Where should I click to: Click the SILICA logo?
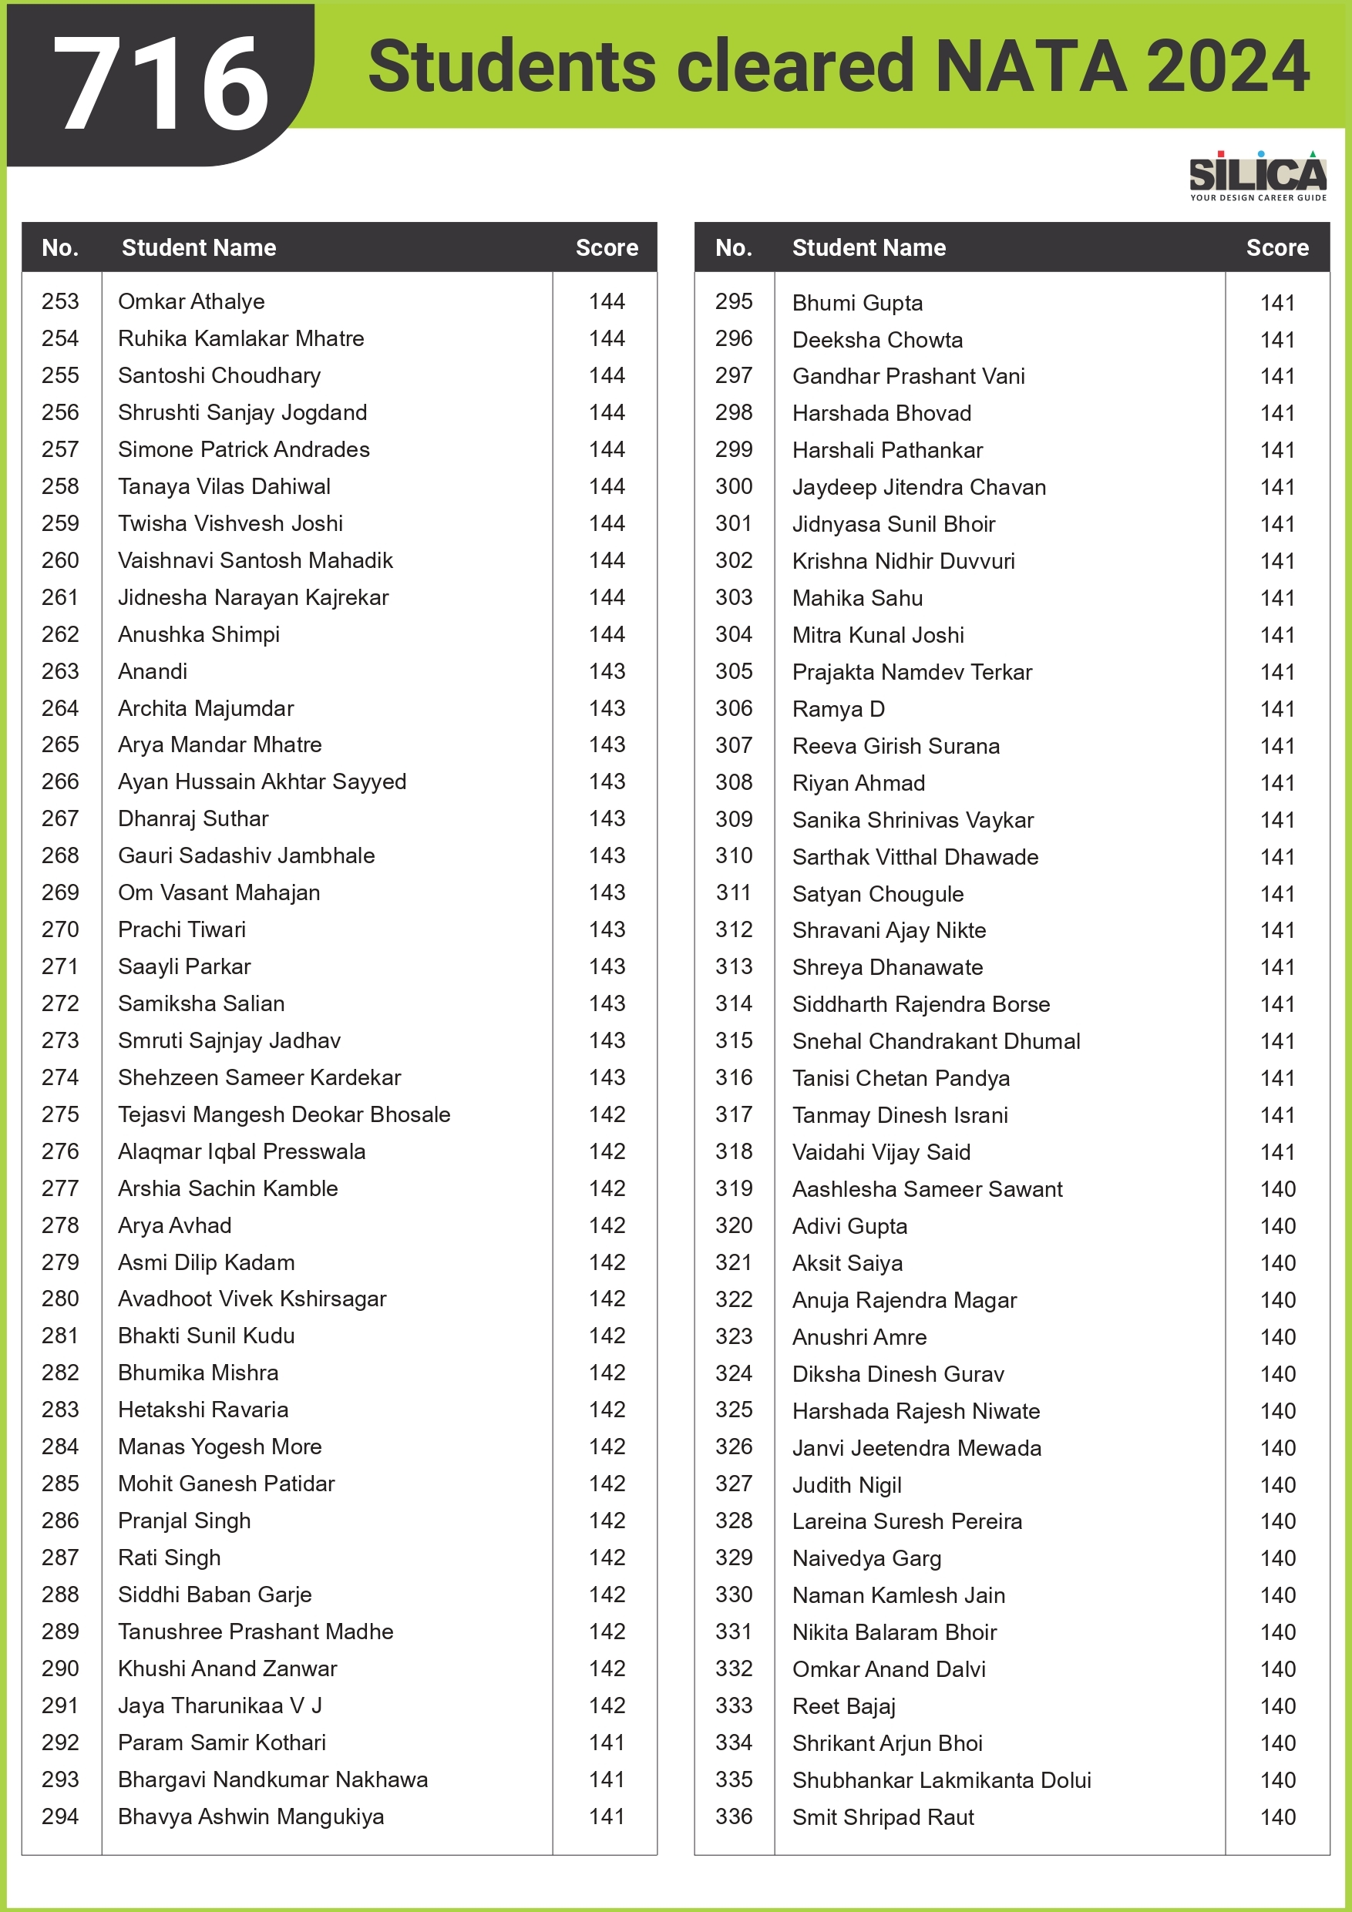point(1257,175)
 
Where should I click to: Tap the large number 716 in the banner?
point(162,84)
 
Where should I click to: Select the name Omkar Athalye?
point(192,301)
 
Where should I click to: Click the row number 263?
point(61,671)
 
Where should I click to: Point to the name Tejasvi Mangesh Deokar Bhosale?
point(284,1114)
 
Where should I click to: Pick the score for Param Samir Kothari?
point(607,1742)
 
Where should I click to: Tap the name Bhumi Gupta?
point(857,303)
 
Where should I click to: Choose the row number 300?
point(734,486)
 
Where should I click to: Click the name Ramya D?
point(838,709)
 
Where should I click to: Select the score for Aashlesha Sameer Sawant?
point(1277,1189)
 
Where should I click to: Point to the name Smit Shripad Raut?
point(883,1817)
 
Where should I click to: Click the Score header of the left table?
point(607,247)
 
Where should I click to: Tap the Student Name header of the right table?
point(869,247)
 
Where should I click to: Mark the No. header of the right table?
point(734,247)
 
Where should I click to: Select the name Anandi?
point(153,671)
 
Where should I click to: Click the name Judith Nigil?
point(847,1485)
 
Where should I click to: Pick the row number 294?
point(61,1816)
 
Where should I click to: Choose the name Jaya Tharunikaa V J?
point(220,1705)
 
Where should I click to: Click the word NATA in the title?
point(1031,66)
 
